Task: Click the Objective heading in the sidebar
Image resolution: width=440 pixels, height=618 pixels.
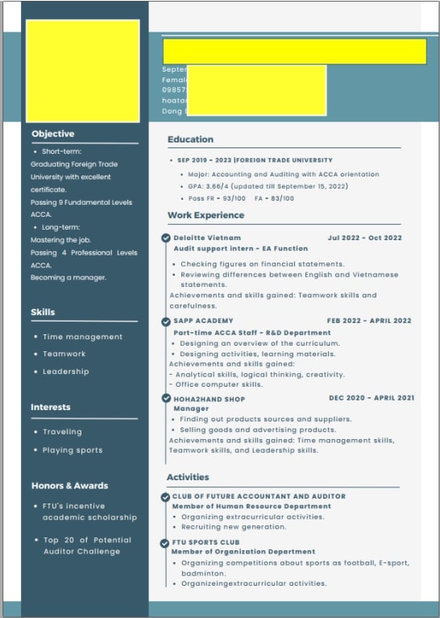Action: (52, 134)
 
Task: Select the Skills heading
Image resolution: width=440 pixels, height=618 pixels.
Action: (43, 312)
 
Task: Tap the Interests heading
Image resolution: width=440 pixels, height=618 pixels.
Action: (51, 407)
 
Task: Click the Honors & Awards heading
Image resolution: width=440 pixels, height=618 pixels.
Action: (69, 486)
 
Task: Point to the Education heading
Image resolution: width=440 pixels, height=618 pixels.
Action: (190, 139)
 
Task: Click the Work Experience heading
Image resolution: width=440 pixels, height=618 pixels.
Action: (205, 215)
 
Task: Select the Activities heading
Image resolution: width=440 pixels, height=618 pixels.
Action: (188, 477)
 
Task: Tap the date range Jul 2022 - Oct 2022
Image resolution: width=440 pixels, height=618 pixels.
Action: (364, 238)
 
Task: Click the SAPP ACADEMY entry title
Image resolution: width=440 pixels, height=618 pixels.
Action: (203, 321)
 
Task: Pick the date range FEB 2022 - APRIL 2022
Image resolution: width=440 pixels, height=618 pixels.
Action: (368, 321)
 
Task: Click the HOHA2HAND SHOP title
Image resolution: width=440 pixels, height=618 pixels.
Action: (209, 399)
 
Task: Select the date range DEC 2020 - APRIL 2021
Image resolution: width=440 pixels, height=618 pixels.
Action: (372, 398)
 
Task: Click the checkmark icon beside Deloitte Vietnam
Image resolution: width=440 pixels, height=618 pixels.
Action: (166, 238)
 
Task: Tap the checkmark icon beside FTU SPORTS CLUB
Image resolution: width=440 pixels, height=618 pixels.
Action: (165, 543)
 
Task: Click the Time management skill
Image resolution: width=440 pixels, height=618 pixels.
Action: (82, 337)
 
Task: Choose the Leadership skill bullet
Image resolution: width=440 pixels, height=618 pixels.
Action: (66, 371)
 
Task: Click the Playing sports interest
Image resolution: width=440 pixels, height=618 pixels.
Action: (73, 450)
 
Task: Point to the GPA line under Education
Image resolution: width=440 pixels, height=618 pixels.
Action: (268, 186)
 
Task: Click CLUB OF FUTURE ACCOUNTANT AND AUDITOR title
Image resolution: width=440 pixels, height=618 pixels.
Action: (259, 496)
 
